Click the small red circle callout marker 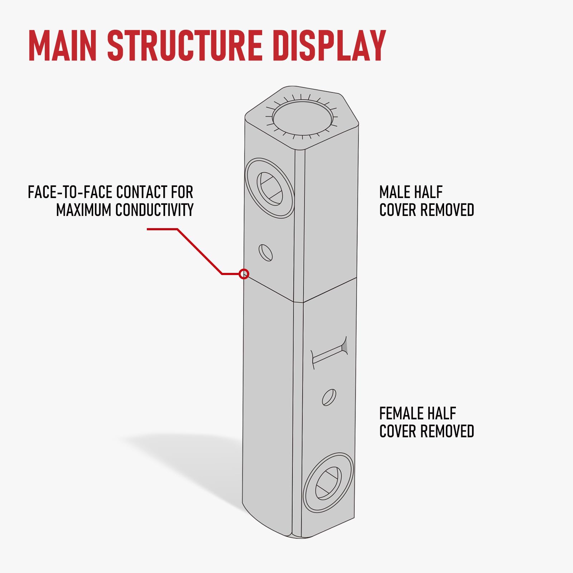pos(244,274)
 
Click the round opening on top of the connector pos(302,118)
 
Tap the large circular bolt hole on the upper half pos(270,189)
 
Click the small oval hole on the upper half pos(265,253)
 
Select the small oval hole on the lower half pos(329,398)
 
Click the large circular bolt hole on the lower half pos(328,483)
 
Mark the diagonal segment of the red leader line pos(200,251)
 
